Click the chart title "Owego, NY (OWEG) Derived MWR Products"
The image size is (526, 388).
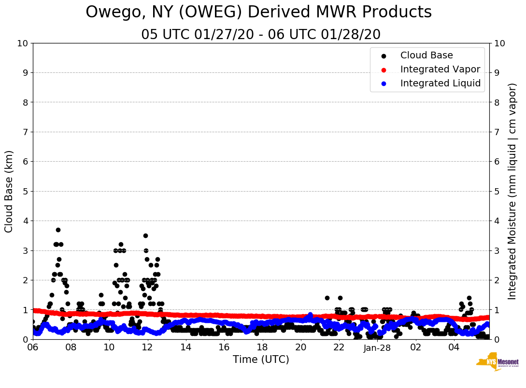[x=258, y=13]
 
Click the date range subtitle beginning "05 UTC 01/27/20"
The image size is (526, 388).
[x=261, y=35]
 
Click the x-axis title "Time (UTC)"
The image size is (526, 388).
[x=261, y=360]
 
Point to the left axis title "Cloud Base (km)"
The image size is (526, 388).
[x=9, y=191]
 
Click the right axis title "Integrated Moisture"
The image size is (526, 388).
[x=512, y=191]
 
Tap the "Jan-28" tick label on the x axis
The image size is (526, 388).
[x=377, y=348]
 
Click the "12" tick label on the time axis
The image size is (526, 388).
[x=147, y=348]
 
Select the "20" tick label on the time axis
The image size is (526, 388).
[x=300, y=348]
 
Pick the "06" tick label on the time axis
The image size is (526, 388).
[x=33, y=348]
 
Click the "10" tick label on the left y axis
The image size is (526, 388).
[x=22, y=43]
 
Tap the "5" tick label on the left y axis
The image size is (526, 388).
[x=25, y=192]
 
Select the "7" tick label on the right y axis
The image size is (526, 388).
[x=497, y=132]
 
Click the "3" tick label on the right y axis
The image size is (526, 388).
[x=497, y=250]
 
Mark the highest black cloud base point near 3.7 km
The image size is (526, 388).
[x=58, y=230]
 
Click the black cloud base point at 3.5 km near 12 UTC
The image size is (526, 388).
[x=145, y=236]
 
